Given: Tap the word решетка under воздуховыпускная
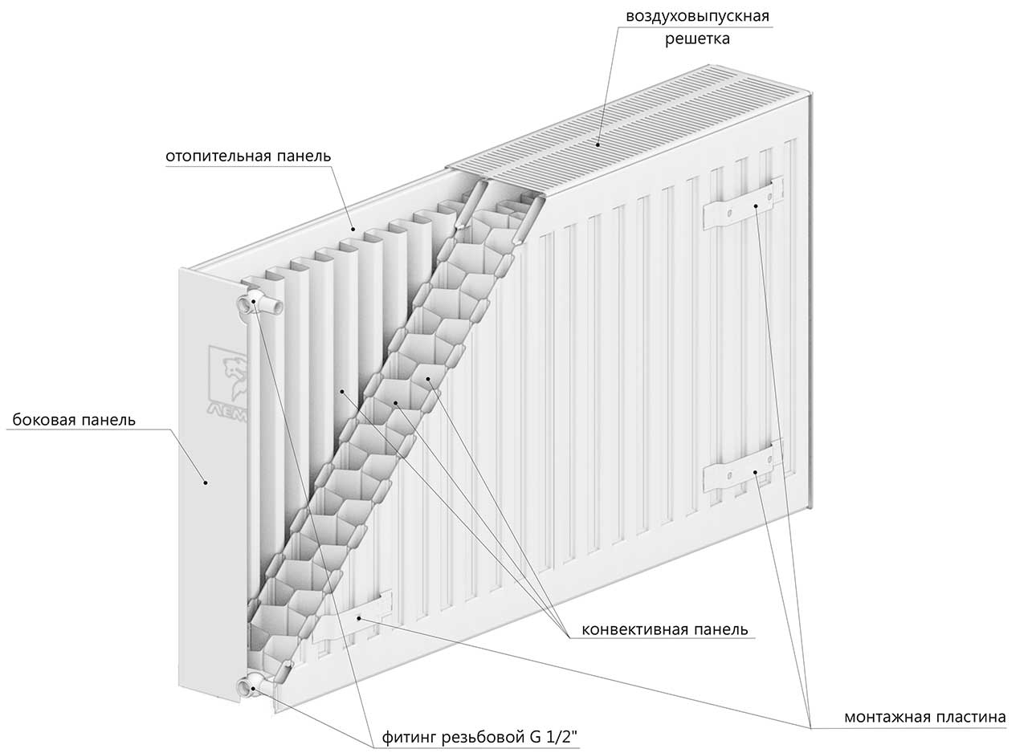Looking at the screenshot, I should point(696,39).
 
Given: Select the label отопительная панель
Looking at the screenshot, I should point(248,156).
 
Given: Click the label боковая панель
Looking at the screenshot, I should point(74,420).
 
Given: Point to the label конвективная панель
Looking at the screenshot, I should point(664,629).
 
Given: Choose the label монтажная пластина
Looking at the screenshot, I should point(924,717).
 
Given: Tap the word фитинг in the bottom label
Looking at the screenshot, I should point(409,736).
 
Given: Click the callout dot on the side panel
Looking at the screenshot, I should point(206,482).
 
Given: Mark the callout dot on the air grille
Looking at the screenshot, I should point(598,145).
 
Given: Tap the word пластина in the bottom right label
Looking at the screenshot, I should point(973,717).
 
